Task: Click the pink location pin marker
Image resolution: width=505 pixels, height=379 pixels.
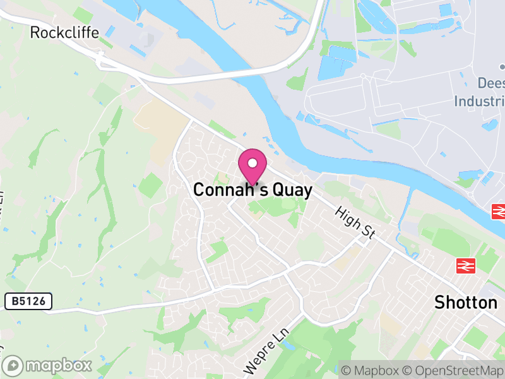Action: coord(252,167)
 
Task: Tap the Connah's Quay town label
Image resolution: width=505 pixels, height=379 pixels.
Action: coord(252,190)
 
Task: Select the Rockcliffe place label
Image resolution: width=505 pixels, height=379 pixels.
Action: coord(64,32)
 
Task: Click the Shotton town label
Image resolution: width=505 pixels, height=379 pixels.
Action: coord(466,303)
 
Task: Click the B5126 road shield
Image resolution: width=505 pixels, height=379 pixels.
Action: coord(28,302)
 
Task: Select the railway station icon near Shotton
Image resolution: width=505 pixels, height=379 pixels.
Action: coord(465,266)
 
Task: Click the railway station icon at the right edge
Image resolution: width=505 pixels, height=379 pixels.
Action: coord(499,212)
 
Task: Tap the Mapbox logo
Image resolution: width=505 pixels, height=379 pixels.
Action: coord(48,365)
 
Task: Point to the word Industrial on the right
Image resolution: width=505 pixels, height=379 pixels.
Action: coord(480,101)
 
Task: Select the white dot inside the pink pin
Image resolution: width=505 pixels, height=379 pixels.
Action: coord(252,163)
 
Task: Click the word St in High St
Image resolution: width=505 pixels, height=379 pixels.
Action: coord(368,232)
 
